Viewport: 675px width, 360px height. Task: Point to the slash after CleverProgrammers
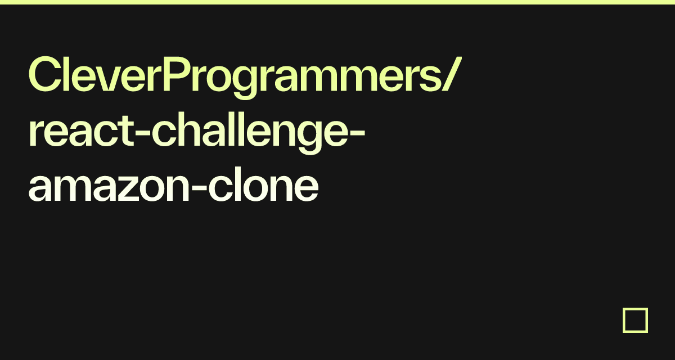(451, 74)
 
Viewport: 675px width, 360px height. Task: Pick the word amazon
(109, 186)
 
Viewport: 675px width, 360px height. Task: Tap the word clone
(264, 184)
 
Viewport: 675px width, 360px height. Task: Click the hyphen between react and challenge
(142, 134)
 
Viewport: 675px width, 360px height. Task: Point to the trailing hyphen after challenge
(357, 134)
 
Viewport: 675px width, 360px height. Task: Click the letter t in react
(127, 132)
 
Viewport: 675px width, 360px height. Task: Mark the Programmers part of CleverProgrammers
(302, 78)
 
